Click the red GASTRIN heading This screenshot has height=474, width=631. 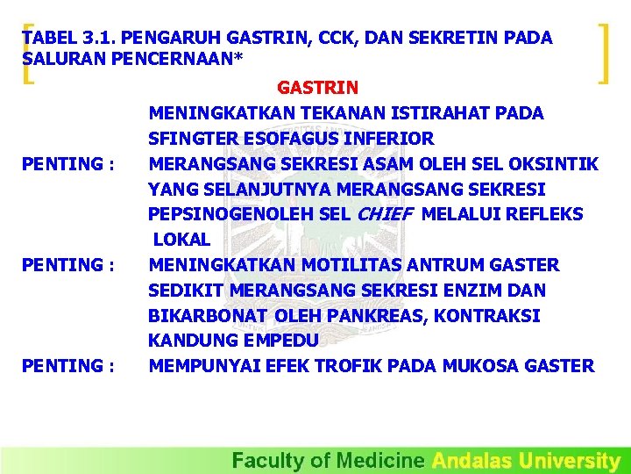coord(317,88)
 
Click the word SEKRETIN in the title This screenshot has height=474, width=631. coord(452,39)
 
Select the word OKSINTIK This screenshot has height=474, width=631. coord(560,164)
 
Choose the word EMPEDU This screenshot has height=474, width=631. coord(266,341)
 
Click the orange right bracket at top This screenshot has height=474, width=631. coord(603,54)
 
